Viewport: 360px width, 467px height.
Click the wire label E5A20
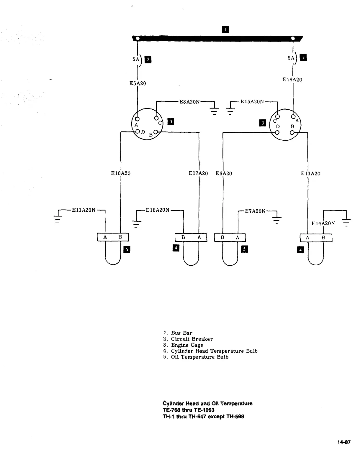pos(138,83)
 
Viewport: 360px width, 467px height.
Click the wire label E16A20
pos(292,80)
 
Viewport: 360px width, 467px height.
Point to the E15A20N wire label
pos(252,102)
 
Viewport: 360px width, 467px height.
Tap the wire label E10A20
pos(120,173)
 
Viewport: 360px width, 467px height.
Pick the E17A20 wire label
pos(198,173)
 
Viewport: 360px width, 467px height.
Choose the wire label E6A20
pos(224,173)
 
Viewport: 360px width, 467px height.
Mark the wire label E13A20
pos(310,173)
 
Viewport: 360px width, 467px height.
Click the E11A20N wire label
pos(84,210)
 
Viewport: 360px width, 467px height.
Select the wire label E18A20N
pos(158,210)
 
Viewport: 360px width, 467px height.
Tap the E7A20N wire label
pos(255,211)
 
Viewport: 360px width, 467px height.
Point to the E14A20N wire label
pos(323,223)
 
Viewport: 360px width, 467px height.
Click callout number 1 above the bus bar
pos(225,29)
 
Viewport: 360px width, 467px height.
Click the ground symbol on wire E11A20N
pos(58,218)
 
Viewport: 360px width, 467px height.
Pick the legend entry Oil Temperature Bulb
pos(200,357)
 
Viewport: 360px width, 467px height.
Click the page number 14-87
pos(344,442)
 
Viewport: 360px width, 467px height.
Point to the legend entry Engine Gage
pos(187,345)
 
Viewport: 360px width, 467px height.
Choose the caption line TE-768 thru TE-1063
pos(189,410)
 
